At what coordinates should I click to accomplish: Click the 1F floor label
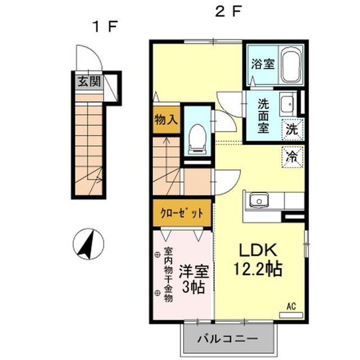[104, 26]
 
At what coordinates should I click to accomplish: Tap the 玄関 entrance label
[89, 82]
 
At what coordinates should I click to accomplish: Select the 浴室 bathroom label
[263, 64]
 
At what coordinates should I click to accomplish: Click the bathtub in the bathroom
[291, 66]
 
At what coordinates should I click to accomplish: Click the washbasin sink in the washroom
[287, 104]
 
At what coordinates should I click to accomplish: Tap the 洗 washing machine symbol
[292, 128]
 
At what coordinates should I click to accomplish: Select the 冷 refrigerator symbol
[292, 155]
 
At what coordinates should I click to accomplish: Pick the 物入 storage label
[165, 120]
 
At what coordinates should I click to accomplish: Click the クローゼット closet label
[181, 214]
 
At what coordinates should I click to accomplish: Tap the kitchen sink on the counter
[259, 200]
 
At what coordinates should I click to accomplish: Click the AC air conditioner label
[291, 307]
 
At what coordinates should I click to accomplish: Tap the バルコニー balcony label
[228, 339]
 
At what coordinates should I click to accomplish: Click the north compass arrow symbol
[88, 245]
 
